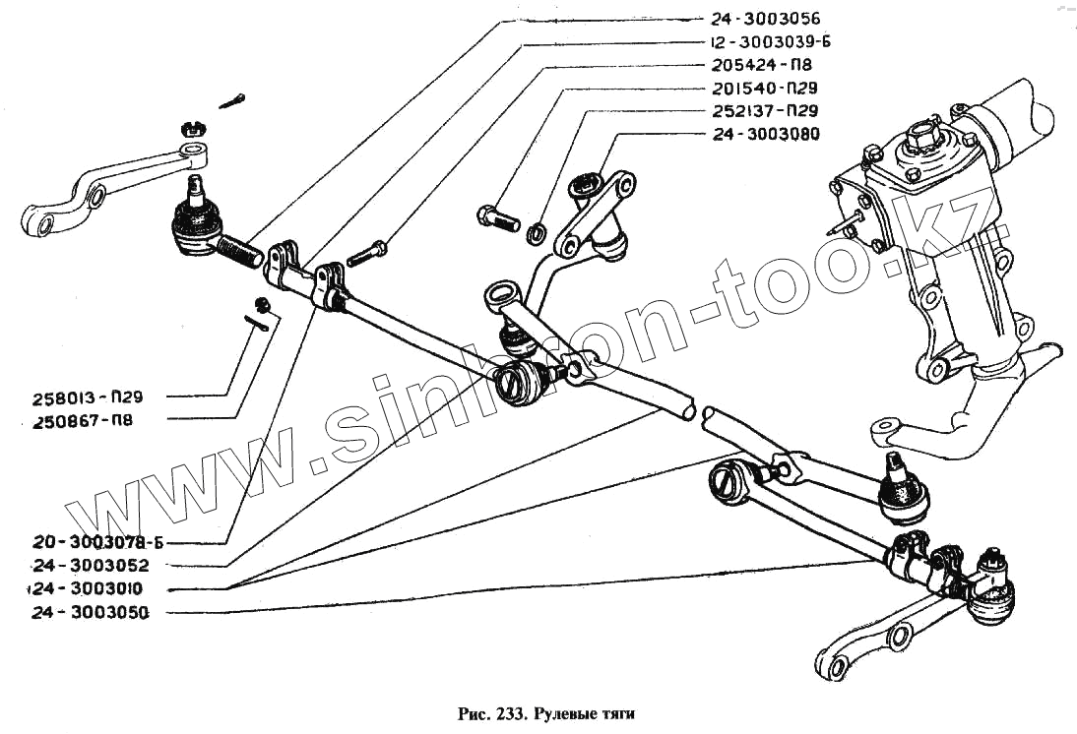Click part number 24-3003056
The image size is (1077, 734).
coord(764,19)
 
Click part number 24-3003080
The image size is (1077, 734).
coord(764,134)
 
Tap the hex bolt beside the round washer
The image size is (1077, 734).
coord(498,217)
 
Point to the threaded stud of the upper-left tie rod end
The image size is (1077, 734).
coord(240,251)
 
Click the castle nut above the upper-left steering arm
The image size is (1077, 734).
coord(191,128)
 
